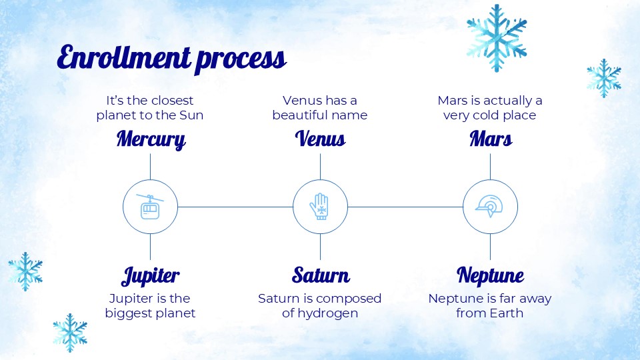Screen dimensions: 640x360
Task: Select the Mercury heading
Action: [151, 139]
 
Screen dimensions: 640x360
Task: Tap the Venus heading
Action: [321, 139]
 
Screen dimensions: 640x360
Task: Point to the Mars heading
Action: [491, 139]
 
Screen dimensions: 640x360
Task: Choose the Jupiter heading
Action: [150, 276]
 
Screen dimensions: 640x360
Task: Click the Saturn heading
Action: [321, 275]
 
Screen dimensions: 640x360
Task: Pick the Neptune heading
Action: [490, 275]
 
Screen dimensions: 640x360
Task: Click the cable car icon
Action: [150, 207]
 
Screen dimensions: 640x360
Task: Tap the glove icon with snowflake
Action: [319, 207]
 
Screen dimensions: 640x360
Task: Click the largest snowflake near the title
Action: [497, 38]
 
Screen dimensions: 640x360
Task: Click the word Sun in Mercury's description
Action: [191, 115]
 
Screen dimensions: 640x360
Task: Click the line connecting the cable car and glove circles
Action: [235, 207]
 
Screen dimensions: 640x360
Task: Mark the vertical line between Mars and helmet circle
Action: [490, 167]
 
